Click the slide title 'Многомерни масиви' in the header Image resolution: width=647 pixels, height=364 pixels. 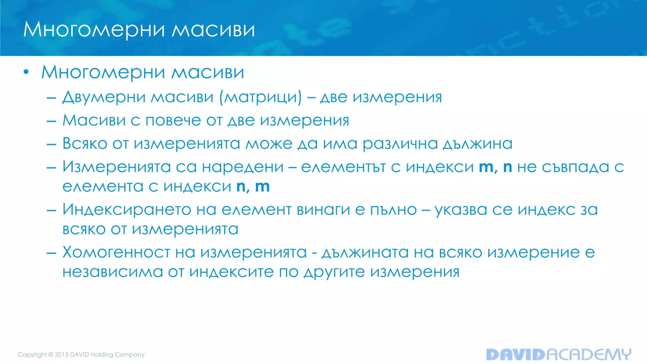tap(139, 30)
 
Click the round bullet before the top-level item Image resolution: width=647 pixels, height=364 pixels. tap(26, 72)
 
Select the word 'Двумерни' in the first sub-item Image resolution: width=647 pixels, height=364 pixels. tap(104, 97)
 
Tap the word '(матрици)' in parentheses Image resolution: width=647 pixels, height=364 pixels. tap(261, 97)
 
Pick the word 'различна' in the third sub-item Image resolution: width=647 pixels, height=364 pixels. tap(400, 144)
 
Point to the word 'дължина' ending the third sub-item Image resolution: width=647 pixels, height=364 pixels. tap(477, 144)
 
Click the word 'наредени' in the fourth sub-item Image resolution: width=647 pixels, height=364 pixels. tap(243, 167)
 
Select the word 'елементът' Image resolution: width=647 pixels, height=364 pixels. tap(343, 167)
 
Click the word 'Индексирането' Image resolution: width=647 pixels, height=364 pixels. tap(127, 209)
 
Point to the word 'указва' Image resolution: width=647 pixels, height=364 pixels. tap(461, 210)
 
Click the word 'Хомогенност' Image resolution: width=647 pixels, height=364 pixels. tap(116, 252)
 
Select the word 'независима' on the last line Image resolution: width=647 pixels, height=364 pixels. tap(112, 272)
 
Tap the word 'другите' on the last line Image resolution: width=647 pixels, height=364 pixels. tap(334, 272)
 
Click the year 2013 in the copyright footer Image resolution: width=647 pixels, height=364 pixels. tap(62, 355)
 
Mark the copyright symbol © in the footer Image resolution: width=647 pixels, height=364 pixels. tap(51, 355)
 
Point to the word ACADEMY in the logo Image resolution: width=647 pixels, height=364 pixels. tap(589, 355)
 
